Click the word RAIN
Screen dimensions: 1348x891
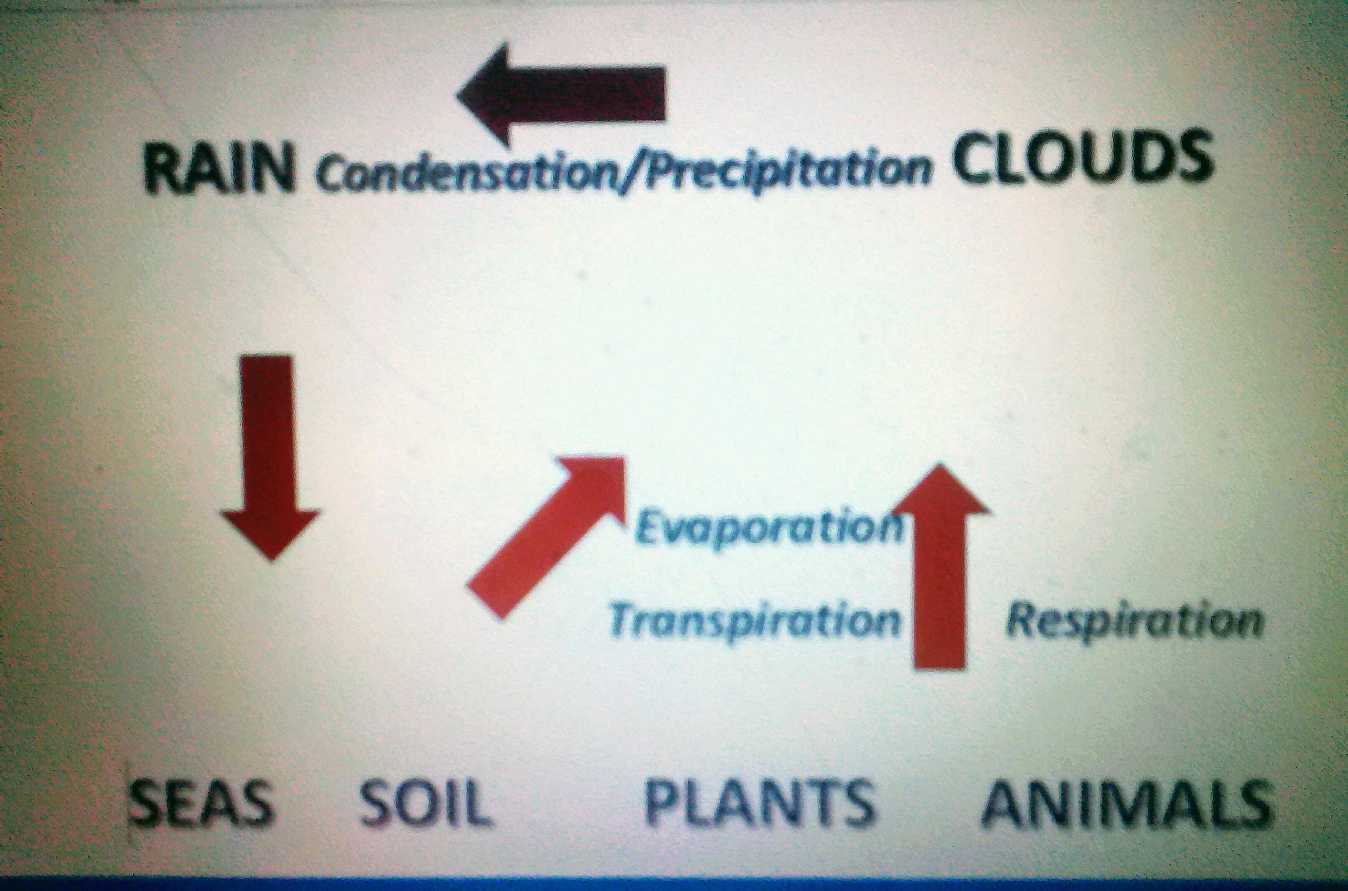click(219, 167)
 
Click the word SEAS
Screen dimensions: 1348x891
click(201, 801)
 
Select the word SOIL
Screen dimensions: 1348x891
click(425, 801)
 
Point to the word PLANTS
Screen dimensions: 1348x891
click(759, 801)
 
